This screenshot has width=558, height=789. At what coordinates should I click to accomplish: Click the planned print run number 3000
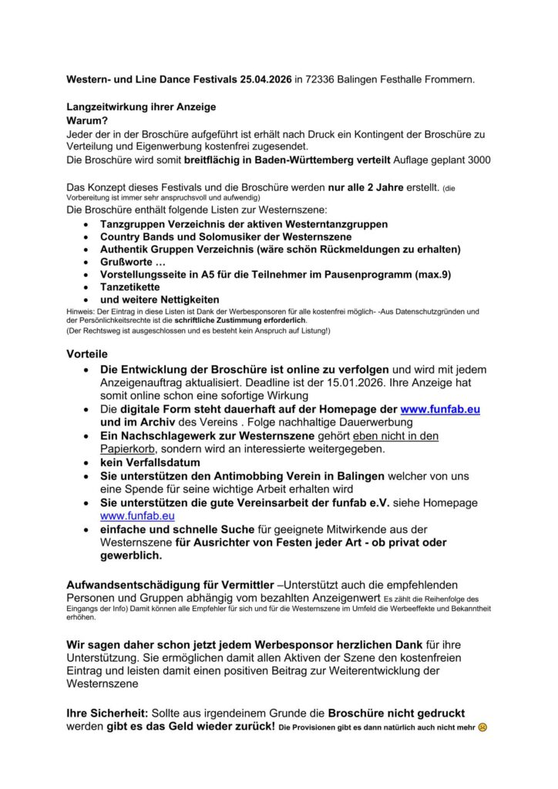[476, 159]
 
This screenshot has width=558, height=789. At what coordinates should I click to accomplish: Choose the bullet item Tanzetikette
[135, 287]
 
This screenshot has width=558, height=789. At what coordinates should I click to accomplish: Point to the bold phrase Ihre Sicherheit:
[105, 713]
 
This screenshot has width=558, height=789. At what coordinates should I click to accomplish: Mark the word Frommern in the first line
[447, 79]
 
